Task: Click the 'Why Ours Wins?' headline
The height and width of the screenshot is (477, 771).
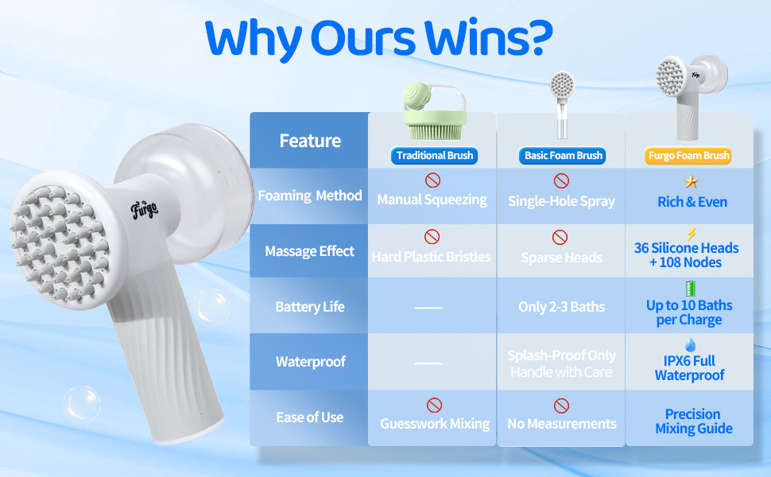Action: click(x=378, y=38)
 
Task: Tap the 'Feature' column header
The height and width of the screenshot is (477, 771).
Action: click(x=310, y=142)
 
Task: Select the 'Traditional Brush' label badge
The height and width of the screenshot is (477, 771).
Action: click(x=434, y=156)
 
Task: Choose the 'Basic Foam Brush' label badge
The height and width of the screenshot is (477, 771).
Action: click(x=563, y=156)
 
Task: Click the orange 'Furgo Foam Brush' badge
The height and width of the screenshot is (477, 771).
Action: click(x=688, y=156)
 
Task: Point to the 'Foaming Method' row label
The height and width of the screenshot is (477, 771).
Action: click(x=310, y=196)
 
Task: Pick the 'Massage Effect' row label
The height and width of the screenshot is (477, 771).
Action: click(x=310, y=251)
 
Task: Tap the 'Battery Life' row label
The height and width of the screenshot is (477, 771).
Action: click(x=310, y=307)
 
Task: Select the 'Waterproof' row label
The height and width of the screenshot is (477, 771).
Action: click(x=310, y=362)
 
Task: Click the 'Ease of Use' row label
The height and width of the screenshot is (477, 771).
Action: click(x=310, y=417)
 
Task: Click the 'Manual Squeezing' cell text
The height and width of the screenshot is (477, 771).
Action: click(x=432, y=200)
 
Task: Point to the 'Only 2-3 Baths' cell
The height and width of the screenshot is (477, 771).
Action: click(x=561, y=307)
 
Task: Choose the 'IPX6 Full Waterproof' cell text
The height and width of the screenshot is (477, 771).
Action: click(x=689, y=368)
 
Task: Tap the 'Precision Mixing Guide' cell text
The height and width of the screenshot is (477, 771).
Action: click(x=694, y=421)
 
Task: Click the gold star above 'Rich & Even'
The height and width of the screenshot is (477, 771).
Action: click(x=692, y=181)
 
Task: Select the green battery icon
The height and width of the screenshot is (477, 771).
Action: click(x=691, y=288)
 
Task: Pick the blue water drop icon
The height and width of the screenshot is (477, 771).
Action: click(x=691, y=344)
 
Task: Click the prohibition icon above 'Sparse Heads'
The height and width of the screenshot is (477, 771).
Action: click(x=560, y=237)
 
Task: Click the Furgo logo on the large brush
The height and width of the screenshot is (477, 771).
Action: click(x=145, y=210)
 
